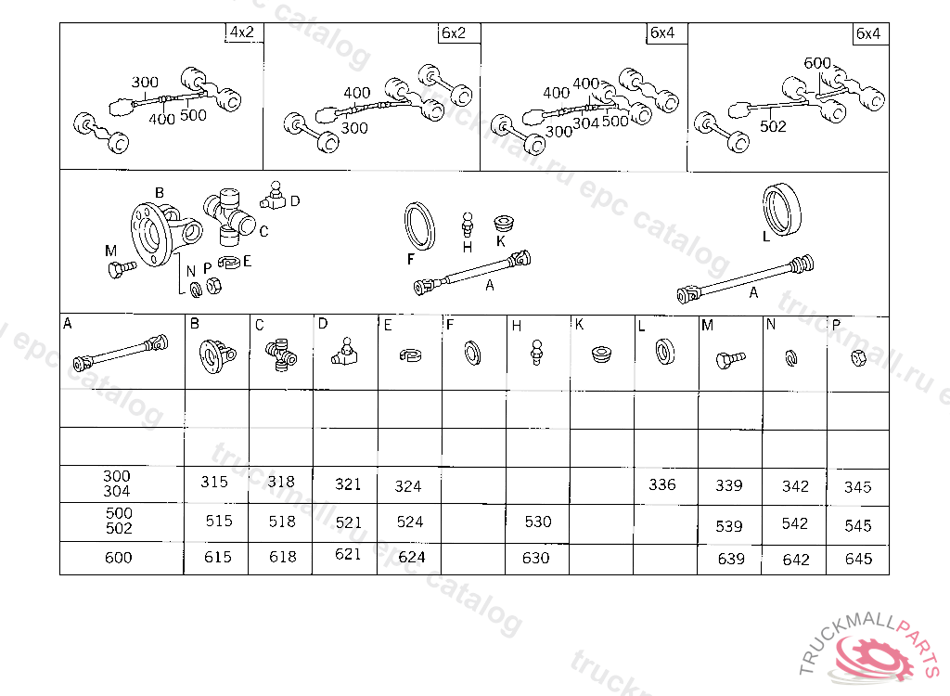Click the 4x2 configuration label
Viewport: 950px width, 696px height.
[x=242, y=32]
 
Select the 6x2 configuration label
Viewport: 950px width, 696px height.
[x=454, y=32]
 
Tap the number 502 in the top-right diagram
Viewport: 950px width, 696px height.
[x=773, y=126]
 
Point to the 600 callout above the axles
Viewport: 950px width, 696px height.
[x=817, y=63]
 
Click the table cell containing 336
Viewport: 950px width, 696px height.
[x=665, y=485]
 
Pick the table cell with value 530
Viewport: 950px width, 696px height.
[x=537, y=522]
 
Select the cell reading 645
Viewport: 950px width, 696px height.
[x=858, y=559]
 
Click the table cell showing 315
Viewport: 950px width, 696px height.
[x=216, y=483]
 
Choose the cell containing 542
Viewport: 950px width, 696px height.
[x=794, y=523]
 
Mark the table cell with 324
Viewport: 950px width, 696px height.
[x=409, y=485]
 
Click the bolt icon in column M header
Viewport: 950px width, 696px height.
[x=730, y=360]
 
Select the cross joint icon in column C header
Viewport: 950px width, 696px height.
[x=281, y=354]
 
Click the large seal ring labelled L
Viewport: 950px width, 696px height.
[x=781, y=209]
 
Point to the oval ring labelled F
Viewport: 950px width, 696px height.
[x=419, y=226]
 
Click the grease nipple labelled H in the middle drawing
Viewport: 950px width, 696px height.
[x=468, y=225]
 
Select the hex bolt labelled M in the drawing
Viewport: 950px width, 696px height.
[x=122, y=268]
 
